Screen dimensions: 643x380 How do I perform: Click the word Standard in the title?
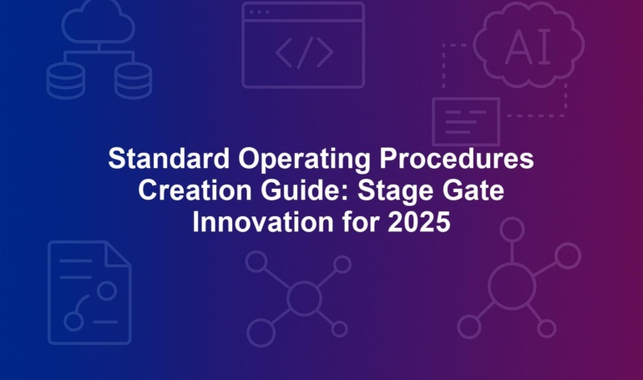(169, 158)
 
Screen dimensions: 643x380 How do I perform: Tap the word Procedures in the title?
(457, 158)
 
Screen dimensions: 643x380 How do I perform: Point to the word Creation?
(195, 190)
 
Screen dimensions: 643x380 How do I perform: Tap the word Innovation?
(263, 222)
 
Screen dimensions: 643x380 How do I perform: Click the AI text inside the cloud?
(528, 47)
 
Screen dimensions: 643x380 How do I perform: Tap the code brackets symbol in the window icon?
(304, 53)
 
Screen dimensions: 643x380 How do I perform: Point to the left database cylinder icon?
(66, 81)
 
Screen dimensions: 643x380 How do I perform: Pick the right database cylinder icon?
(133, 81)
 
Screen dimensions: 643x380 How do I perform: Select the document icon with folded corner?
(90, 292)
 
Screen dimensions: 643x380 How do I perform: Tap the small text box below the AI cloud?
(466, 121)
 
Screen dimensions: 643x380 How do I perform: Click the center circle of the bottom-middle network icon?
(304, 297)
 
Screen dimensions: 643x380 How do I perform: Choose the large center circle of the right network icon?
(512, 286)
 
